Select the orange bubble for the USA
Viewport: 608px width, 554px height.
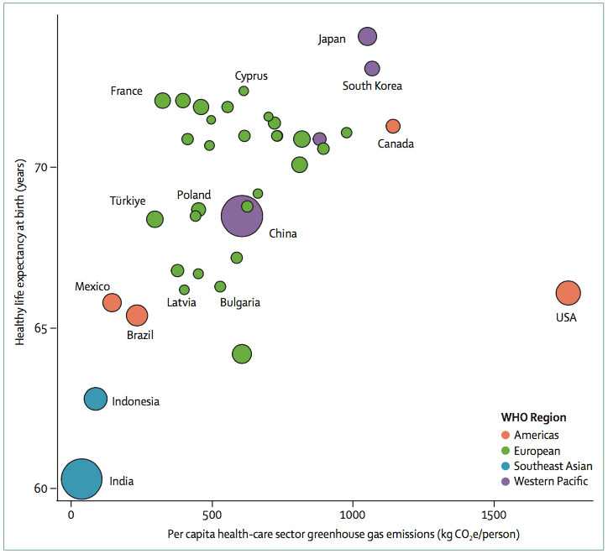[x=569, y=293]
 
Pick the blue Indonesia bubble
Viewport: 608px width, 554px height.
[x=96, y=400]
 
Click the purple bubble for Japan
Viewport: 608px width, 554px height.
[x=368, y=36]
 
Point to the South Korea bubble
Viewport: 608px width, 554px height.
[x=372, y=69]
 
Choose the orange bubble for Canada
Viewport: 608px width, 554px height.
[x=393, y=126]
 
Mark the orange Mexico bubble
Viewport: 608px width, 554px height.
[x=112, y=302]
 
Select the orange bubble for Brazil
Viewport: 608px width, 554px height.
[x=137, y=315]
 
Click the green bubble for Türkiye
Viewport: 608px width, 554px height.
[x=155, y=219]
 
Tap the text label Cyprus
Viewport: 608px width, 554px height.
[x=251, y=76]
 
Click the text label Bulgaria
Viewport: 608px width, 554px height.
[x=240, y=302]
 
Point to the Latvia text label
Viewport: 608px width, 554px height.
[x=181, y=302]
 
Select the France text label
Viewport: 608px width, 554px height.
[x=127, y=91]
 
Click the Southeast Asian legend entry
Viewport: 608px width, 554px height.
[x=553, y=466]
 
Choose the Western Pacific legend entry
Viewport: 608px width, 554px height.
[x=551, y=481]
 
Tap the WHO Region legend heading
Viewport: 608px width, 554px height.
[x=533, y=417]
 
